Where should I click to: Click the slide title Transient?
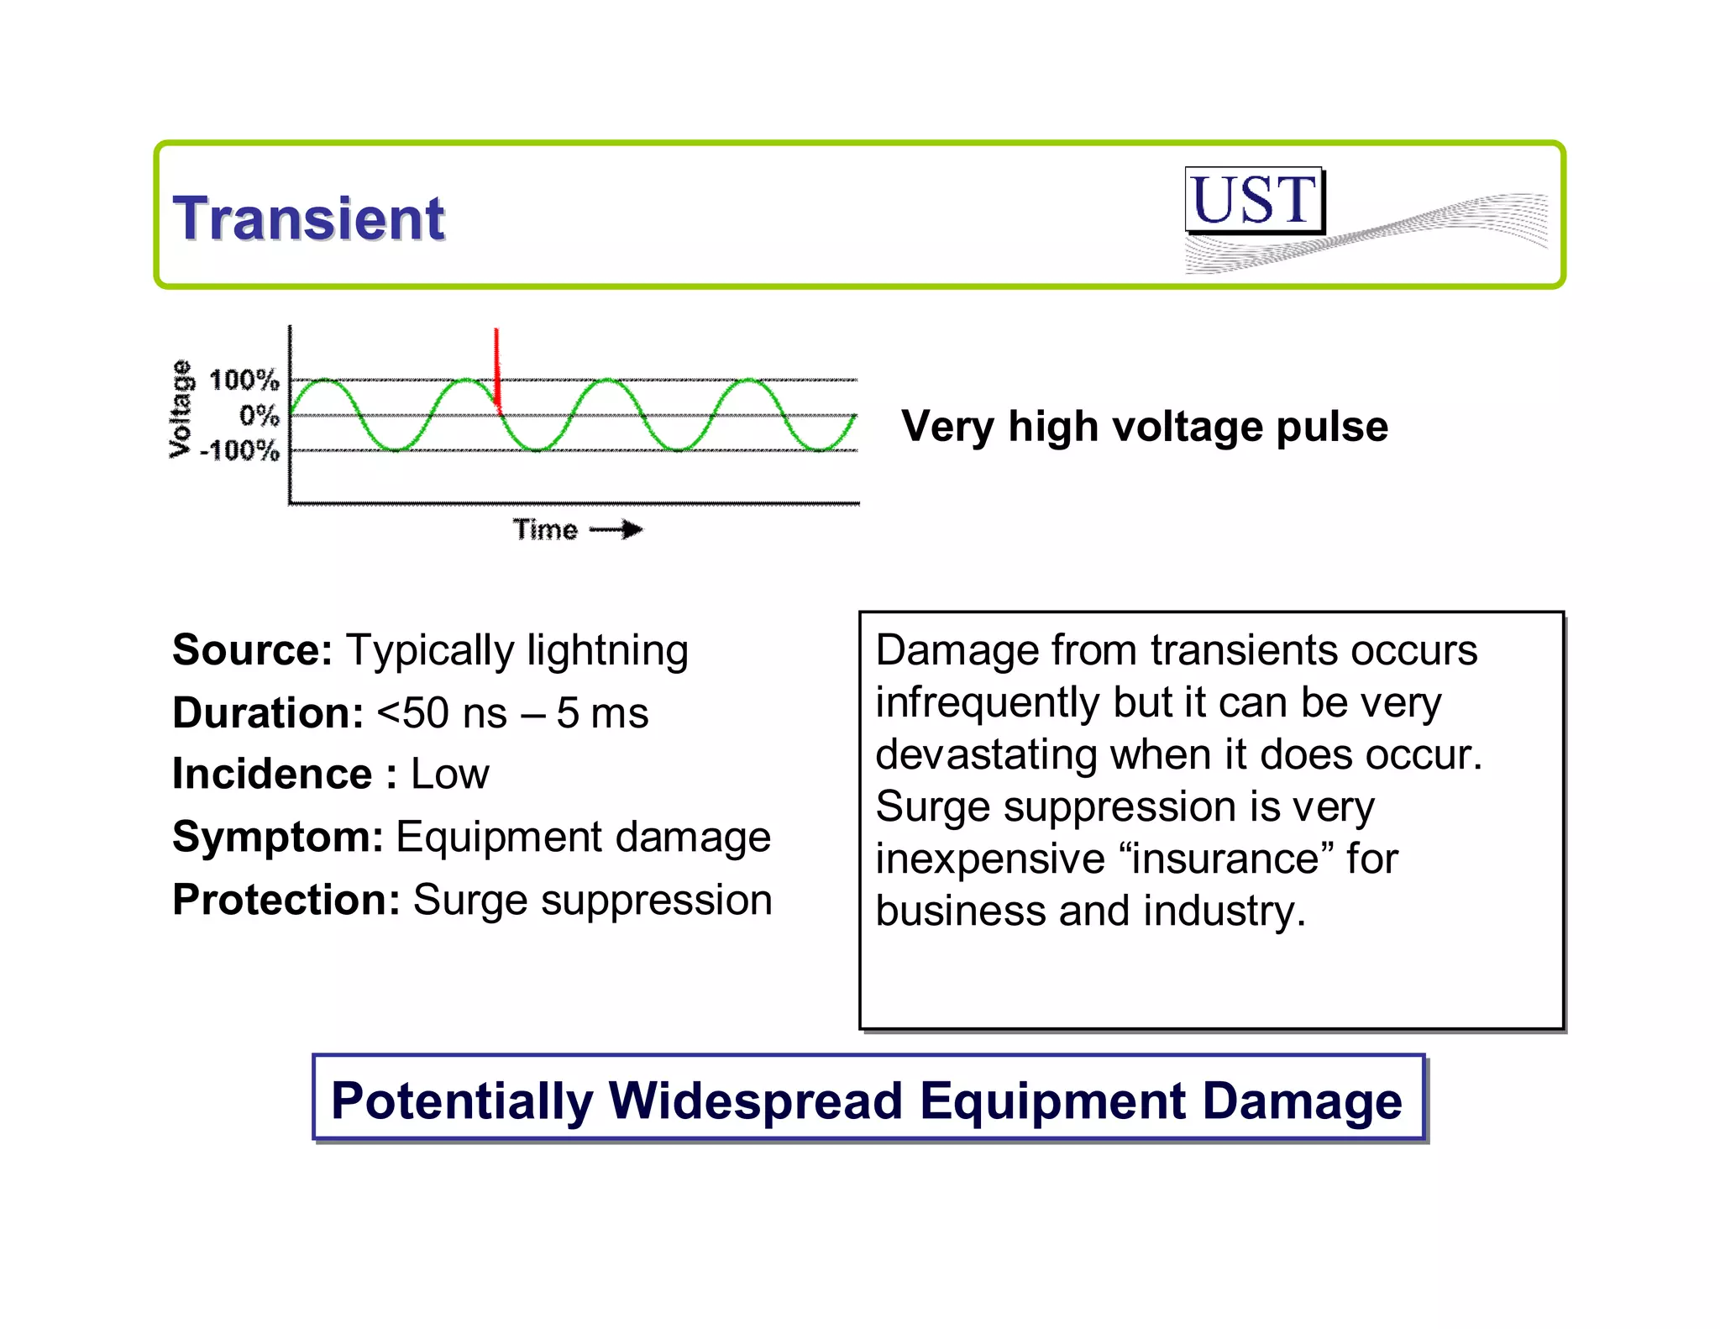(308, 218)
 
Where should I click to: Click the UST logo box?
(1253, 201)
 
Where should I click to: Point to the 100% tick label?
(244, 381)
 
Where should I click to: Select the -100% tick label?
(239, 451)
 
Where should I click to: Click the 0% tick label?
(259, 416)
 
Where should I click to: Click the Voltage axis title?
(180, 409)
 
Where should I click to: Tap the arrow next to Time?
(617, 529)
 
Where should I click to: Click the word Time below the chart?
(545, 530)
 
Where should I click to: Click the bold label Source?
(253, 650)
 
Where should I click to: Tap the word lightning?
(607, 650)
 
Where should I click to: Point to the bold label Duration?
(268, 713)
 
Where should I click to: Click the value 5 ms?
(602, 713)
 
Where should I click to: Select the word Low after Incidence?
(449, 774)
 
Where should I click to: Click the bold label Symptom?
(278, 837)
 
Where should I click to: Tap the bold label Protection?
(286, 900)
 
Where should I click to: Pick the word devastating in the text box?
(986, 754)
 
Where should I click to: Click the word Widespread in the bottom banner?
(755, 1100)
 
